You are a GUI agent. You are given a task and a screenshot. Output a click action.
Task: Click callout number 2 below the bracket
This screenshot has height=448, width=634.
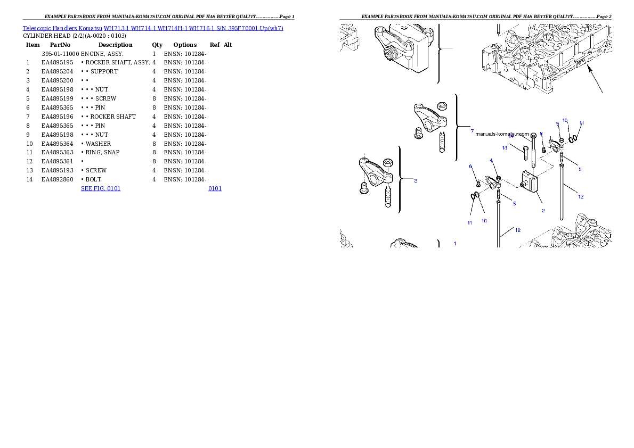[x=543, y=211]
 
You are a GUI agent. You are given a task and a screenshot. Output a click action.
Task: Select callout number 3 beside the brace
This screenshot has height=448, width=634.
[x=416, y=181]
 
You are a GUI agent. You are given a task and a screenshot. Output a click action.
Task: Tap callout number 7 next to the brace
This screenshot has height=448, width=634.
[x=472, y=131]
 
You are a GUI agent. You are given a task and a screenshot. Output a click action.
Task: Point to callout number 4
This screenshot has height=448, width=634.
[x=491, y=161]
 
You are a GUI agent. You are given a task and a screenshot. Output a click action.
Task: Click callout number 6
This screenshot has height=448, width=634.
[x=470, y=167]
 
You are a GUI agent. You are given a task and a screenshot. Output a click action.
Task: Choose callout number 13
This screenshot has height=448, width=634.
[x=505, y=148]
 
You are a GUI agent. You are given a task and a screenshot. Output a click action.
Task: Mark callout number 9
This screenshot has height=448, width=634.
[x=557, y=123]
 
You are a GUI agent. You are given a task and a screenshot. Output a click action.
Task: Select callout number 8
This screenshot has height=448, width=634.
[x=541, y=134]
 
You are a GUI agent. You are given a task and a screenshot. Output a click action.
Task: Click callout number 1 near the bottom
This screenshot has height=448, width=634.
[x=454, y=244]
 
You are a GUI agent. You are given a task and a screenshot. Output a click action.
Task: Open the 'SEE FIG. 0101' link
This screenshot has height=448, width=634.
[x=101, y=188]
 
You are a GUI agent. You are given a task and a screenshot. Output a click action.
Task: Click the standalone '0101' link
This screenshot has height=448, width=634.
[x=215, y=188]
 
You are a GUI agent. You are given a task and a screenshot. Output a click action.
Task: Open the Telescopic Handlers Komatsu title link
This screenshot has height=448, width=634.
[x=153, y=28]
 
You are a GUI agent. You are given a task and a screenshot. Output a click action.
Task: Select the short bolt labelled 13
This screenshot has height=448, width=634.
[x=525, y=153]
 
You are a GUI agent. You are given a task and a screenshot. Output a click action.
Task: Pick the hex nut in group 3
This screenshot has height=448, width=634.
[x=388, y=163]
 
